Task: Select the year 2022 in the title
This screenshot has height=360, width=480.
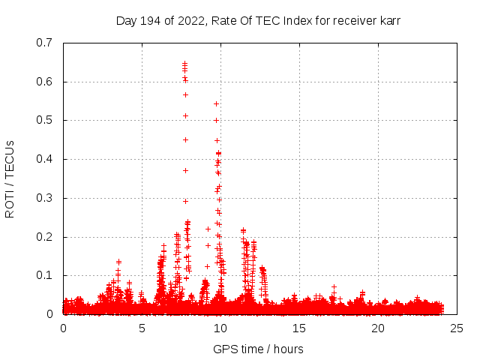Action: tap(188, 20)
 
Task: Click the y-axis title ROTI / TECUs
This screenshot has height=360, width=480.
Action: tap(10, 178)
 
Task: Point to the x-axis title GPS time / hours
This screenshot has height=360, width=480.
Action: tap(258, 349)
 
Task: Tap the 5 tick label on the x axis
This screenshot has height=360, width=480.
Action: tap(142, 328)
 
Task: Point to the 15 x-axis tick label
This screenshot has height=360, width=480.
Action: tap(299, 328)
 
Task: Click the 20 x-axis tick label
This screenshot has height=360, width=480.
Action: tap(378, 328)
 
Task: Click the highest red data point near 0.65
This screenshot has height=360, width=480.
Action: tap(184, 63)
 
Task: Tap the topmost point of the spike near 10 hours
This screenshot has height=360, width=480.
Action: tap(216, 103)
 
